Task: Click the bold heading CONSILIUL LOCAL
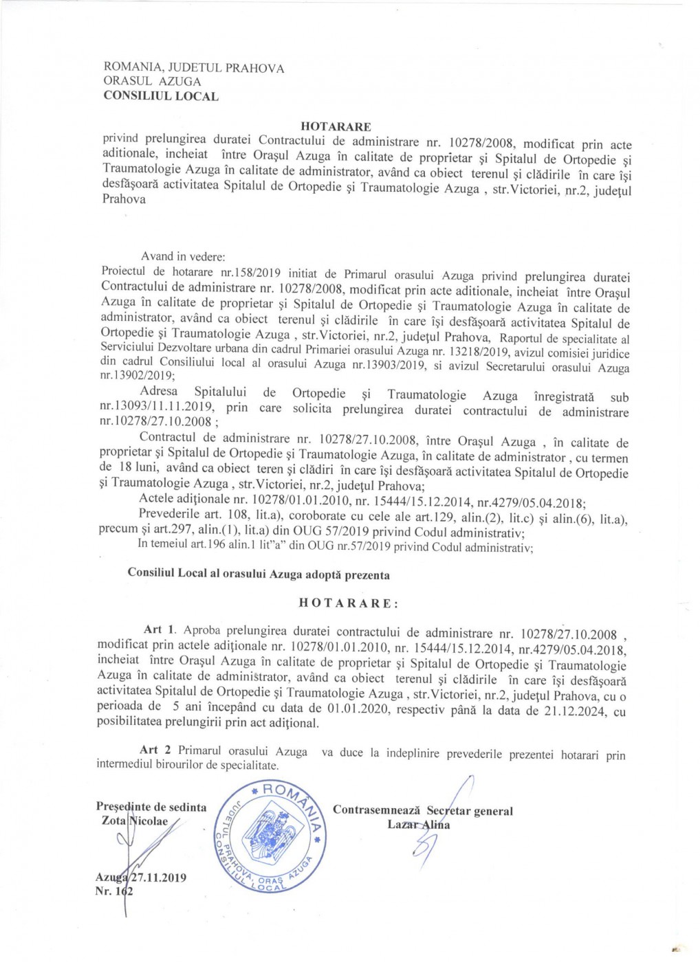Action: coord(161,96)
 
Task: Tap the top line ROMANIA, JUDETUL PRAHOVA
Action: coord(193,68)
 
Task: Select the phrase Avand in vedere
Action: coord(183,257)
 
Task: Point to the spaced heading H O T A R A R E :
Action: coord(349,603)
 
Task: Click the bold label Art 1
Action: coord(160,630)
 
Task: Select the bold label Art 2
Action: coord(159,750)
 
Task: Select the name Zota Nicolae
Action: coord(135,821)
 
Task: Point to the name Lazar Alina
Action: coord(419,825)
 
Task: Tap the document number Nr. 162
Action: coord(114,891)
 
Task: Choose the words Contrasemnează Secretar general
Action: coord(422,811)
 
